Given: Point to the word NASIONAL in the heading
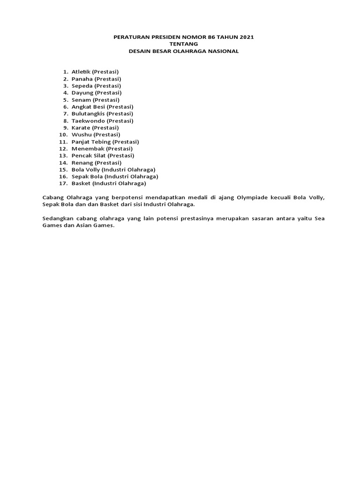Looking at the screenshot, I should (x=222, y=51).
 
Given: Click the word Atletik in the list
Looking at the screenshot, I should (x=81, y=72).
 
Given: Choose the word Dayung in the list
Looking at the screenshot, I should (x=82, y=93).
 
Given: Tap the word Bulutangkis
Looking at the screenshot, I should (x=88, y=113).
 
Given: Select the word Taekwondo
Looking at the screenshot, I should (x=88, y=120).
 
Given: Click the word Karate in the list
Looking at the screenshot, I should (x=81, y=127).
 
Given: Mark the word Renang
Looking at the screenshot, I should (x=82, y=163).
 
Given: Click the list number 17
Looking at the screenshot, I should (x=63, y=183).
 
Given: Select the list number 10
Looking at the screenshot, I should (x=63, y=135).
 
